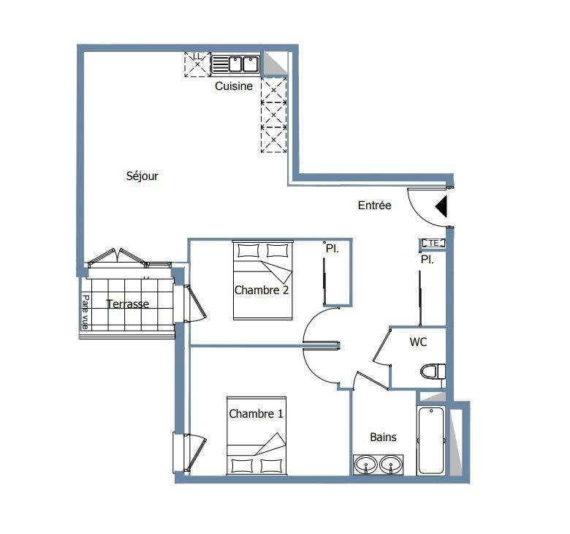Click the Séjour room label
(x=142, y=176)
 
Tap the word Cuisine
(x=234, y=86)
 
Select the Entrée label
(x=374, y=206)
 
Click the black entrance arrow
(x=441, y=206)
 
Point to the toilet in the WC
(x=433, y=372)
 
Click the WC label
(x=418, y=342)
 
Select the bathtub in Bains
(x=430, y=440)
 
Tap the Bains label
(x=383, y=437)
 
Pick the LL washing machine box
(x=197, y=64)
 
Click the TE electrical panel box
(x=433, y=243)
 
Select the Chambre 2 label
(x=262, y=290)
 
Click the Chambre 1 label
(x=256, y=414)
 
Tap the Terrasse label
(x=128, y=304)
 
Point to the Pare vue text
(x=85, y=312)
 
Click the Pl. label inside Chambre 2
(x=332, y=249)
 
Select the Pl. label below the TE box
(x=427, y=260)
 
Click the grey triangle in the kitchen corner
(x=275, y=63)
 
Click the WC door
(x=381, y=347)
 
